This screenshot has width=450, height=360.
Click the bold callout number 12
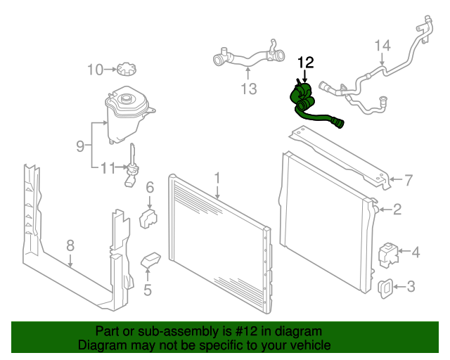(306, 63)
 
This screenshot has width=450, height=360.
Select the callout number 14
(382, 46)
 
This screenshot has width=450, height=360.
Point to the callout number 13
(249, 89)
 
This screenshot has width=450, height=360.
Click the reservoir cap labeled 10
(127, 69)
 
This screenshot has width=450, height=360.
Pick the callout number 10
(95, 70)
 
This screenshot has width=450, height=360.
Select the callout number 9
(81, 146)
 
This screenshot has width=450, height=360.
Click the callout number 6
(150, 188)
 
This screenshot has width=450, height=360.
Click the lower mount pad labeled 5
(150, 259)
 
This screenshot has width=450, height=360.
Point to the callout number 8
(70, 245)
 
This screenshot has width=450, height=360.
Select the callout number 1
(217, 178)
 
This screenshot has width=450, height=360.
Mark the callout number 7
(409, 180)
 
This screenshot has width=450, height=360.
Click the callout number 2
(397, 210)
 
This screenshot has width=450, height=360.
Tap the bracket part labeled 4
(389, 255)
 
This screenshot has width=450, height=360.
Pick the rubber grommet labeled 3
(385, 288)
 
